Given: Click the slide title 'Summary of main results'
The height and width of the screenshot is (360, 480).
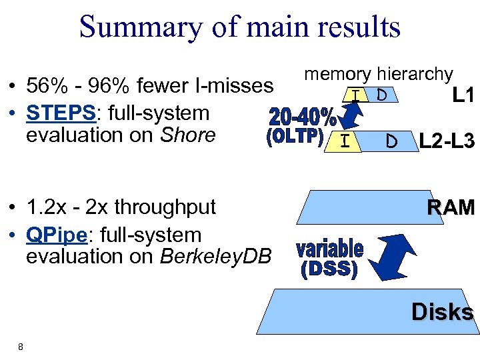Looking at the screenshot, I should (x=239, y=27).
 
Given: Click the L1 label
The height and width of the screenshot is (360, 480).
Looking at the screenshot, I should (x=463, y=96).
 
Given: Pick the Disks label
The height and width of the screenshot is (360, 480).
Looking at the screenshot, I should (x=442, y=312).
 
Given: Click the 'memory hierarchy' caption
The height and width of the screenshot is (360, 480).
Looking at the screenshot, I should (x=378, y=74).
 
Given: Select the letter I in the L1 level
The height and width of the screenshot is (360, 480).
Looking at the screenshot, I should (x=357, y=96).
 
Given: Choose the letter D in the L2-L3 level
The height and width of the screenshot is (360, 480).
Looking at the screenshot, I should (x=393, y=141).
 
